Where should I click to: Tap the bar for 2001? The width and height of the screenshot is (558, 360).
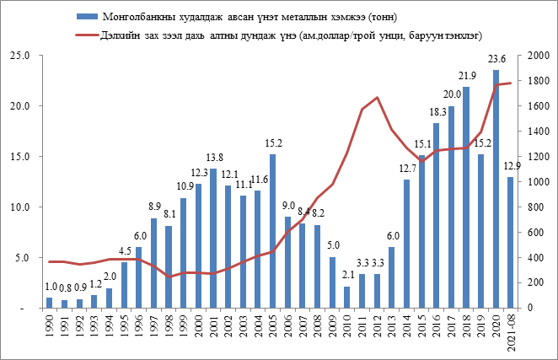(x=213, y=239)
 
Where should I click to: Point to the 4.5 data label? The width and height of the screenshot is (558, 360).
(x=124, y=251)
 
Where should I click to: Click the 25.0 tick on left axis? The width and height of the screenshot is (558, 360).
(x=19, y=56)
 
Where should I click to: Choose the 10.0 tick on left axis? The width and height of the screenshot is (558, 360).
(x=19, y=207)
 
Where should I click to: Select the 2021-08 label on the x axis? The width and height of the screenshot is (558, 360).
(x=511, y=332)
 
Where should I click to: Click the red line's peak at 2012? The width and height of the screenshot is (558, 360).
(x=377, y=98)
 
